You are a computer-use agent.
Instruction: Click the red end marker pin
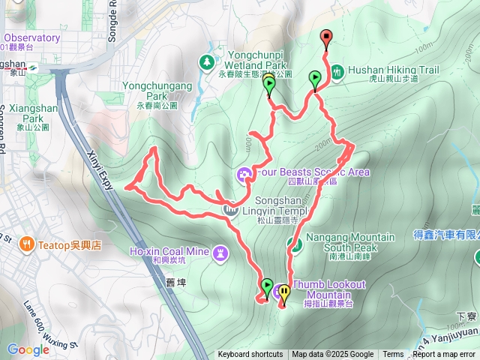[325, 37]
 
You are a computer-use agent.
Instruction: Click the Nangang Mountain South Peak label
[350, 242]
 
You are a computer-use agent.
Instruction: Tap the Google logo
[28, 349]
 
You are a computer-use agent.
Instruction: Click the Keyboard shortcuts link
[250, 355]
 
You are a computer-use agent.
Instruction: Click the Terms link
[393, 355]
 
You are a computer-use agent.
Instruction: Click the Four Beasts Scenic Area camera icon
[244, 175]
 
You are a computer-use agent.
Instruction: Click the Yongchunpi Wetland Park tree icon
[206, 63]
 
